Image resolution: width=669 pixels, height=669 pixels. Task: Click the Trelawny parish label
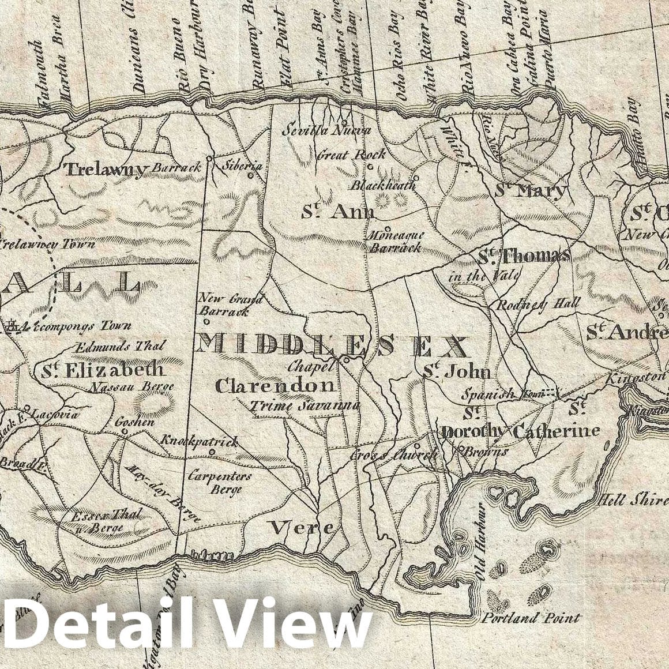[x=104, y=169]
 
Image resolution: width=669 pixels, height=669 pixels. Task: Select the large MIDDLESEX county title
[x=331, y=346]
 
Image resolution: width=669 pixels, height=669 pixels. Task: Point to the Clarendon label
[x=275, y=385]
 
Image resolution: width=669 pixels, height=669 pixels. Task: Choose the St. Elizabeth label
[x=103, y=370]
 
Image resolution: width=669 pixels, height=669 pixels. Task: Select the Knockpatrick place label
[x=199, y=442]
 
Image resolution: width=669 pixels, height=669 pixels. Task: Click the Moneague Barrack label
[x=396, y=242]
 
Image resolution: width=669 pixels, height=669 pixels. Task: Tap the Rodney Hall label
[x=531, y=305]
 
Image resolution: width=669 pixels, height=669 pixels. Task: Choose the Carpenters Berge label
[x=219, y=483]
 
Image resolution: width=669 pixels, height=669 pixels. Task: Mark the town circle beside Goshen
[x=125, y=431]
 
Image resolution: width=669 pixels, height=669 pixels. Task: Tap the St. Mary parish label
[x=531, y=190]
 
